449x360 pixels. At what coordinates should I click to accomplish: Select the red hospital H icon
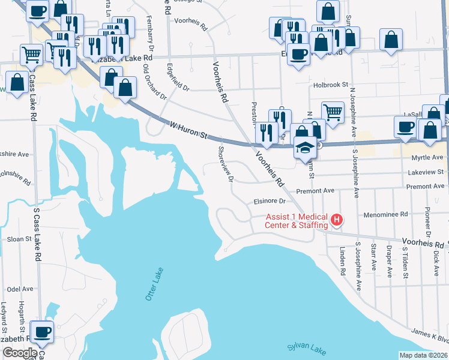click(x=337, y=220)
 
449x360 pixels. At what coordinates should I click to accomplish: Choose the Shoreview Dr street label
click(x=226, y=165)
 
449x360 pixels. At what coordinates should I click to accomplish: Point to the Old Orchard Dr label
click(x=154, y=85)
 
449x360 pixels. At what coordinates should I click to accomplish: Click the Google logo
click(x=19, y=353)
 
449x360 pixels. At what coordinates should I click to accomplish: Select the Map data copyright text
click(x=423, y=355)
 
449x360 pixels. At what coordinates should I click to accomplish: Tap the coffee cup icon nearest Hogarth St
click(x=42, y=332)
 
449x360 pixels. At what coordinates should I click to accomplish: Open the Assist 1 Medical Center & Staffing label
click(x=297, y=221)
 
